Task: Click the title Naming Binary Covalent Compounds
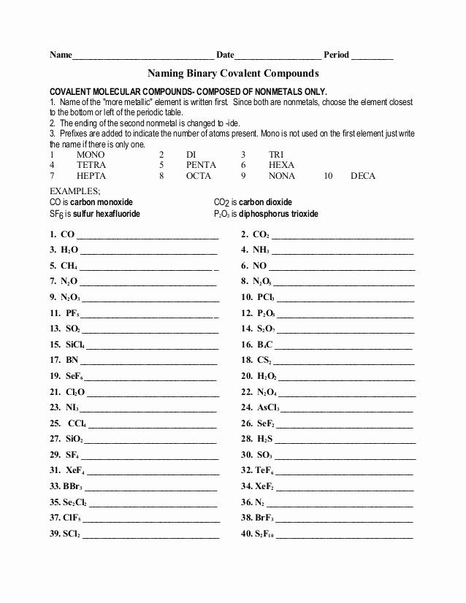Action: click(x=233, y=74)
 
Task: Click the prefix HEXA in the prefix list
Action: click(x=282, y=166)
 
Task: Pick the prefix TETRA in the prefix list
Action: click(x=91, y=166)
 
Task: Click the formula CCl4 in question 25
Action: click(x=77, y=423)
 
